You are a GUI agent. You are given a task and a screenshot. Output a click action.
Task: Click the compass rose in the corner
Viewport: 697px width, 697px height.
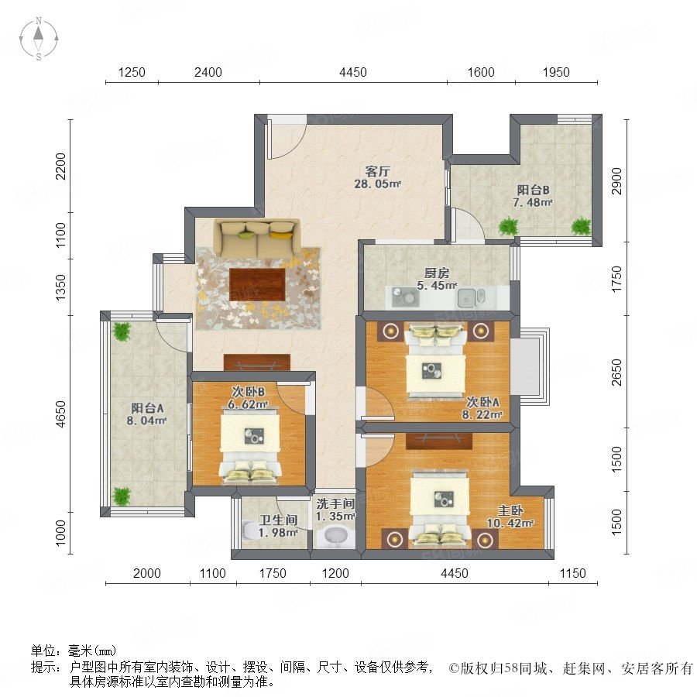tap(39, 39)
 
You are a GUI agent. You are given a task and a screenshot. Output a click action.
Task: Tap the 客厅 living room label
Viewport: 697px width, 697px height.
tap(377, 171)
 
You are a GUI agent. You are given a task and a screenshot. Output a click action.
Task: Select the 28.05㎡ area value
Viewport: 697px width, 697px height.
tap(377, 184)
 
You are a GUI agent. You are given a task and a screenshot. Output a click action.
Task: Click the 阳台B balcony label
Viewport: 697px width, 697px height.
tap(533, 191)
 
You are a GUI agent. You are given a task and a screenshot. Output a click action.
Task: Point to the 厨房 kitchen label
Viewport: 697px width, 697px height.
tap(437, 273)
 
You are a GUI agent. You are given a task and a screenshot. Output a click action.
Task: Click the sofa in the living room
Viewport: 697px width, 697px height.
tap(257, 238)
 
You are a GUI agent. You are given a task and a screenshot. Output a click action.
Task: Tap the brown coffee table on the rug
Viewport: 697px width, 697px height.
tap(257, 284)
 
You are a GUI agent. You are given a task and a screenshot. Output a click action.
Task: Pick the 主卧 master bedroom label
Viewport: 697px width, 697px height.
tap(510, 510)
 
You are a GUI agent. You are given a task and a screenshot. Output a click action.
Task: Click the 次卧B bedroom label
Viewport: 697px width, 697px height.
tap(249, 392)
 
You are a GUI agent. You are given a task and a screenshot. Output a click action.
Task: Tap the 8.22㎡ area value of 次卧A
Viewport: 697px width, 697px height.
tap(482, 415)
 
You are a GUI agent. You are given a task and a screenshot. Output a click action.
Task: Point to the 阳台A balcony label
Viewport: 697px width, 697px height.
tap(147, 408)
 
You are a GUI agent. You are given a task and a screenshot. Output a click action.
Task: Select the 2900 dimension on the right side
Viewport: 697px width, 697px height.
tap(616, 181)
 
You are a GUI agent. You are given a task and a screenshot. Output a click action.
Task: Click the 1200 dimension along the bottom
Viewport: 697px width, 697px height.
tap(335, 573)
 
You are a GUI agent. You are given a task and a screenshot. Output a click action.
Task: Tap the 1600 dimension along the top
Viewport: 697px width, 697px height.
tap(481, 72)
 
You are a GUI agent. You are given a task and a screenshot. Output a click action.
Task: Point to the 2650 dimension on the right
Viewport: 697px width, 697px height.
tap(616, 372)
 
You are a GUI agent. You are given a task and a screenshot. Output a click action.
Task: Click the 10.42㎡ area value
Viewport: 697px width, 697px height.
tap(510, 524)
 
